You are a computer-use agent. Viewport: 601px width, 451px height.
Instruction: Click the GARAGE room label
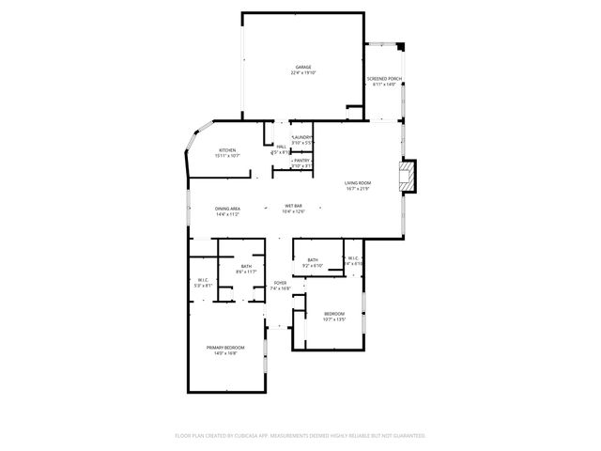[x=302, y=68]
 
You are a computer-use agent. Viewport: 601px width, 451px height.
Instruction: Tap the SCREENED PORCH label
[x=384, y=79]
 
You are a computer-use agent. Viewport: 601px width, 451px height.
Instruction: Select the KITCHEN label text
[x=228, y=150]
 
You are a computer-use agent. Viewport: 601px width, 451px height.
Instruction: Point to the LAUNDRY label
[x=302, y=137]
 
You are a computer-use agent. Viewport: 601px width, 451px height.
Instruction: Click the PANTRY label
[x=301, y=161]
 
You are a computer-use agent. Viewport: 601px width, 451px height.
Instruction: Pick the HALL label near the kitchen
[x=281, y=147]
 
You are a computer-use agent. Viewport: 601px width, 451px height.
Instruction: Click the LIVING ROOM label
[x=357, y=182]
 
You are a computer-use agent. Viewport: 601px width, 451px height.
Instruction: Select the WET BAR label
[x=293, y=206]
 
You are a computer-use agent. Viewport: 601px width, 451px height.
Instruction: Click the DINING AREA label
[x=228, y=209]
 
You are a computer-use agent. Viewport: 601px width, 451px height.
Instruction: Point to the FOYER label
[x=280, y=283]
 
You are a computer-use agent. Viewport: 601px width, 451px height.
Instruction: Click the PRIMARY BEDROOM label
[x=225, y=348]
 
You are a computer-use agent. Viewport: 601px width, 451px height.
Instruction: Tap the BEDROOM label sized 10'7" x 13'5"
[x=334, y=314]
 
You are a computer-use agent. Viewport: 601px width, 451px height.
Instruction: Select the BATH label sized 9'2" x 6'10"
[x=312, y=260]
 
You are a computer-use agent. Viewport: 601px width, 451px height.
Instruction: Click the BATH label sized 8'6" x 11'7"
[x=246, y=267]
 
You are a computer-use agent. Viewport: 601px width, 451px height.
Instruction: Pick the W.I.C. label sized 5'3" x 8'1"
[x=202, y=278]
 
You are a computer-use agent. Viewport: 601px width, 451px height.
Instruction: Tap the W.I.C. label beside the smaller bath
[x=353, y=258]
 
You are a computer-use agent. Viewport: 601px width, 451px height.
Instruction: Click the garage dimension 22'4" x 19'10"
[x=302, y=73]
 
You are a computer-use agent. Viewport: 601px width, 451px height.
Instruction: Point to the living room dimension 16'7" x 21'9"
[x=357, y=188]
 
